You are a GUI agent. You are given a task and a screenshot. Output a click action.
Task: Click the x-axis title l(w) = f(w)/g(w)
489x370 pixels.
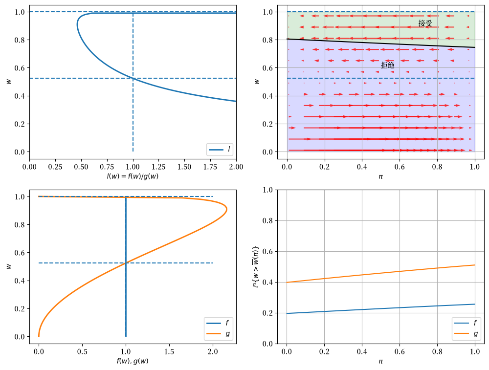[133, 176]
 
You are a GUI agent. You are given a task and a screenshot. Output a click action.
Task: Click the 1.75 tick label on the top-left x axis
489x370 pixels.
[210, 167]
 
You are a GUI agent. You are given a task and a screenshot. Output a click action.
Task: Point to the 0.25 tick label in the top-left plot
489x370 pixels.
[55, 167]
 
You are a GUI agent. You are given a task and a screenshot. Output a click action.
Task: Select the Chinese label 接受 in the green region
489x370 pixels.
[425, 23]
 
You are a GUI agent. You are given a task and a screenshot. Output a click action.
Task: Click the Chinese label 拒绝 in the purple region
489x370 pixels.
[388, 65]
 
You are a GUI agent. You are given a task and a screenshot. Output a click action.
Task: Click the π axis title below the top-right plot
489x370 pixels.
[380, 177]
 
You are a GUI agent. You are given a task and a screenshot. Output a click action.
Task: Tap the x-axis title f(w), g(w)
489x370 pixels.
[133, 361]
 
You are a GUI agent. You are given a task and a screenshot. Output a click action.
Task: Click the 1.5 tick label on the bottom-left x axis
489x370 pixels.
[169, 352]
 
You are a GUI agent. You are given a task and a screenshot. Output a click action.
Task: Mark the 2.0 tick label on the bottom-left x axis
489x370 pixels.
[213, 352]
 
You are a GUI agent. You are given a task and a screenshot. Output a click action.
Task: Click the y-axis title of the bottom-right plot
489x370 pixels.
[256, 267]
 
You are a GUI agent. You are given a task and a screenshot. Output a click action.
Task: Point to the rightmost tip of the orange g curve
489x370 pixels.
[227, 210]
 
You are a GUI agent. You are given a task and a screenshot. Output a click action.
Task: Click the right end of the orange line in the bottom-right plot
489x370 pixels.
[475, 265]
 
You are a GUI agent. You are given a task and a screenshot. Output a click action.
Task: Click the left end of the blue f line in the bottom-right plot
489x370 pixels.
[287, 313]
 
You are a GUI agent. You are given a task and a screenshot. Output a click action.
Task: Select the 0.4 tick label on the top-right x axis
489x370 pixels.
[362, 167]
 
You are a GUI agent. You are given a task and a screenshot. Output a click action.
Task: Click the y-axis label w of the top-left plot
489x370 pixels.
[9, 82]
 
